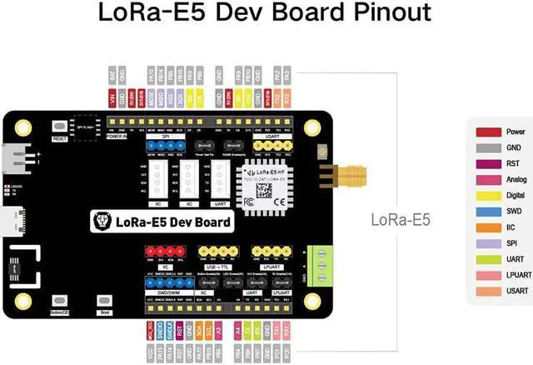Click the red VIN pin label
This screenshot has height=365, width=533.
coord(112,98)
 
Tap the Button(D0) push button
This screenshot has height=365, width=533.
coord(58,301)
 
